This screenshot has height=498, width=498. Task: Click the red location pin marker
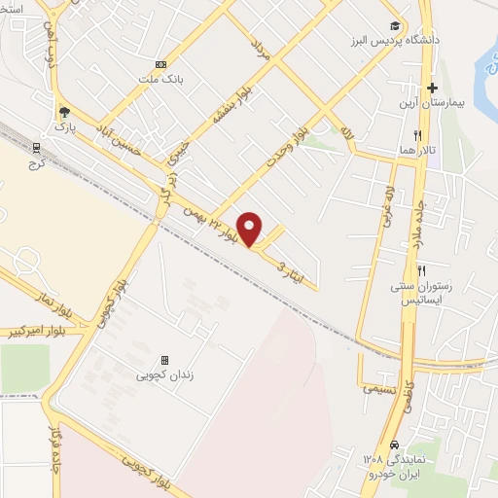(250, 228)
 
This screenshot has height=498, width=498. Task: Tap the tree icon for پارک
(64, 112)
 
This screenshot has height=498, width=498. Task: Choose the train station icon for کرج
(36, 148)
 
